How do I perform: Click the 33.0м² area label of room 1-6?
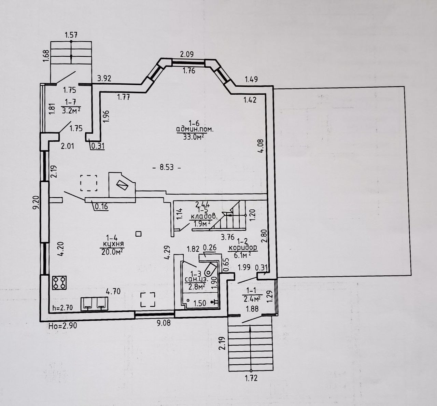(x=193, y=137)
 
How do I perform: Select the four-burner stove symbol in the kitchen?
(x=59, y=282)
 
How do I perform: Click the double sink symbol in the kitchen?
(x=94, y=304)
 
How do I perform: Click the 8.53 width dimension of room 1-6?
(x=167, y=168)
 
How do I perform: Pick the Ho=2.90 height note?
(x=63, y=326)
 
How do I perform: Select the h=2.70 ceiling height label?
(x=63, y=308)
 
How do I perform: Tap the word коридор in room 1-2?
(x=242, y=248)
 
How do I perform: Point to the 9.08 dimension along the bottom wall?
(x=163, y=323)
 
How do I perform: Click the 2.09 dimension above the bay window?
(x=187, y=54)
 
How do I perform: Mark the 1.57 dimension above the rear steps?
(x=71, y=35)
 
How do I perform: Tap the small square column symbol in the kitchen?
(x=138, y=234)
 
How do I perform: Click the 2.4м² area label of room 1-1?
(x=252, y=298)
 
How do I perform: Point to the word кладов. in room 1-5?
(x=204, y=216)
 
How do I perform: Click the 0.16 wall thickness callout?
(x=101, y=206)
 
